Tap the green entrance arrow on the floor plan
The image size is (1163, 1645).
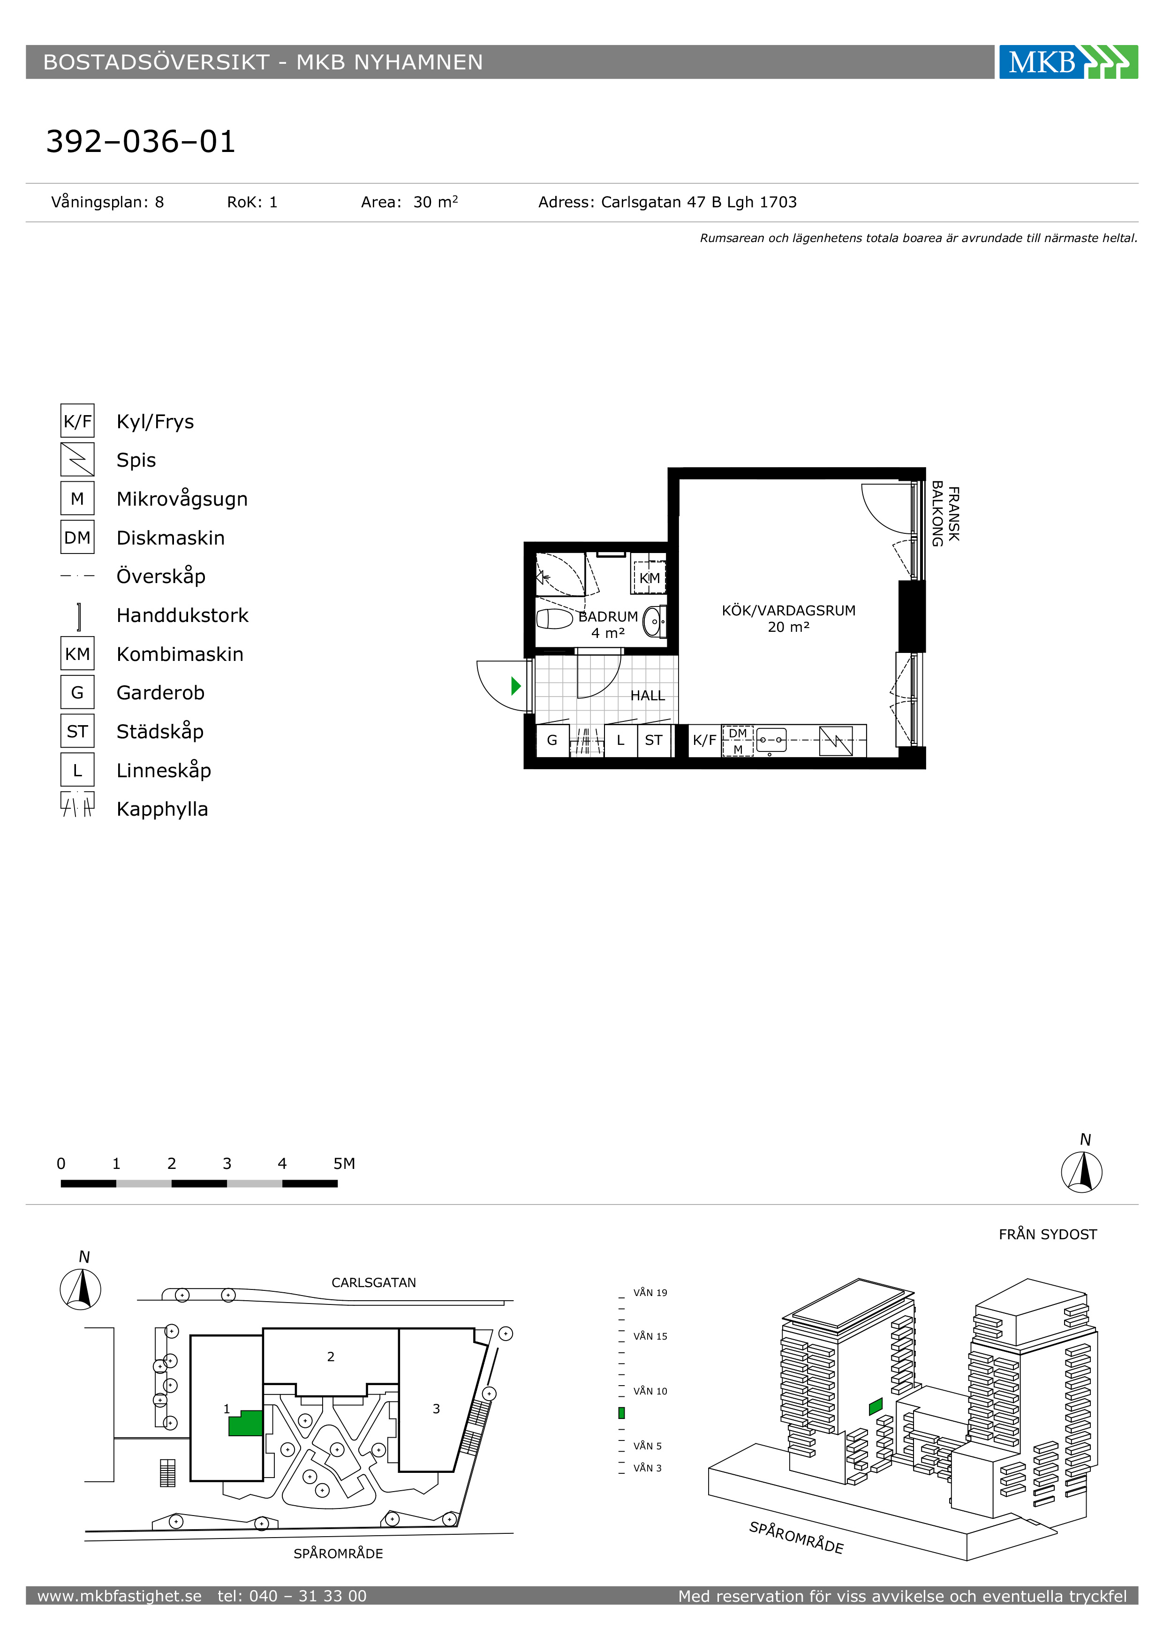(516, 686)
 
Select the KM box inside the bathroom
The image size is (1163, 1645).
(649, 577)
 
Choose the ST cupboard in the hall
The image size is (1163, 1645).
(654, 740)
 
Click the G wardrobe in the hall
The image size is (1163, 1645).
(552, 740)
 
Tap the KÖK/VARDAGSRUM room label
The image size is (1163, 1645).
(788, 610)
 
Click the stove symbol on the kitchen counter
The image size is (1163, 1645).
(836, 741)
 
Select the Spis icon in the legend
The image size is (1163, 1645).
(77, 459)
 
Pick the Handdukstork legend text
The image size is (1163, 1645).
(182, 615)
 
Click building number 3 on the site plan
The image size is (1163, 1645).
(436, 1409)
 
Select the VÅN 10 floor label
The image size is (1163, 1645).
(650, 1391)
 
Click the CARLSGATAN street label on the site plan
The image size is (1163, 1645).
(374, 1282)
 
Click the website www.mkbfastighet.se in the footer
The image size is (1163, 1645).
(120, 1596)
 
